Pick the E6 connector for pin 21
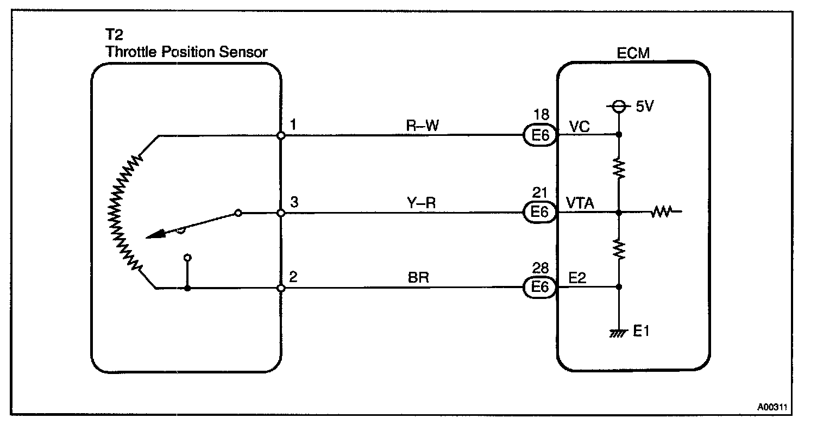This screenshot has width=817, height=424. click(x=539, y=213)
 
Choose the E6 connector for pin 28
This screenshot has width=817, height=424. click(x=539, y=287)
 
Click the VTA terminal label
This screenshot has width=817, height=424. click(x=580, y=203)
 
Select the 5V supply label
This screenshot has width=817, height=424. click(x=644, y=107)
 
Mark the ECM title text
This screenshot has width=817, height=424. click(x=633, y=53)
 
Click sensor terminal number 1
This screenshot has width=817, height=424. click(x=293, y=125)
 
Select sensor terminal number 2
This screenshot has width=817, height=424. click(x=293, y=277)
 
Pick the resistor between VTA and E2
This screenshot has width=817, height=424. click(x=619, y=249)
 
